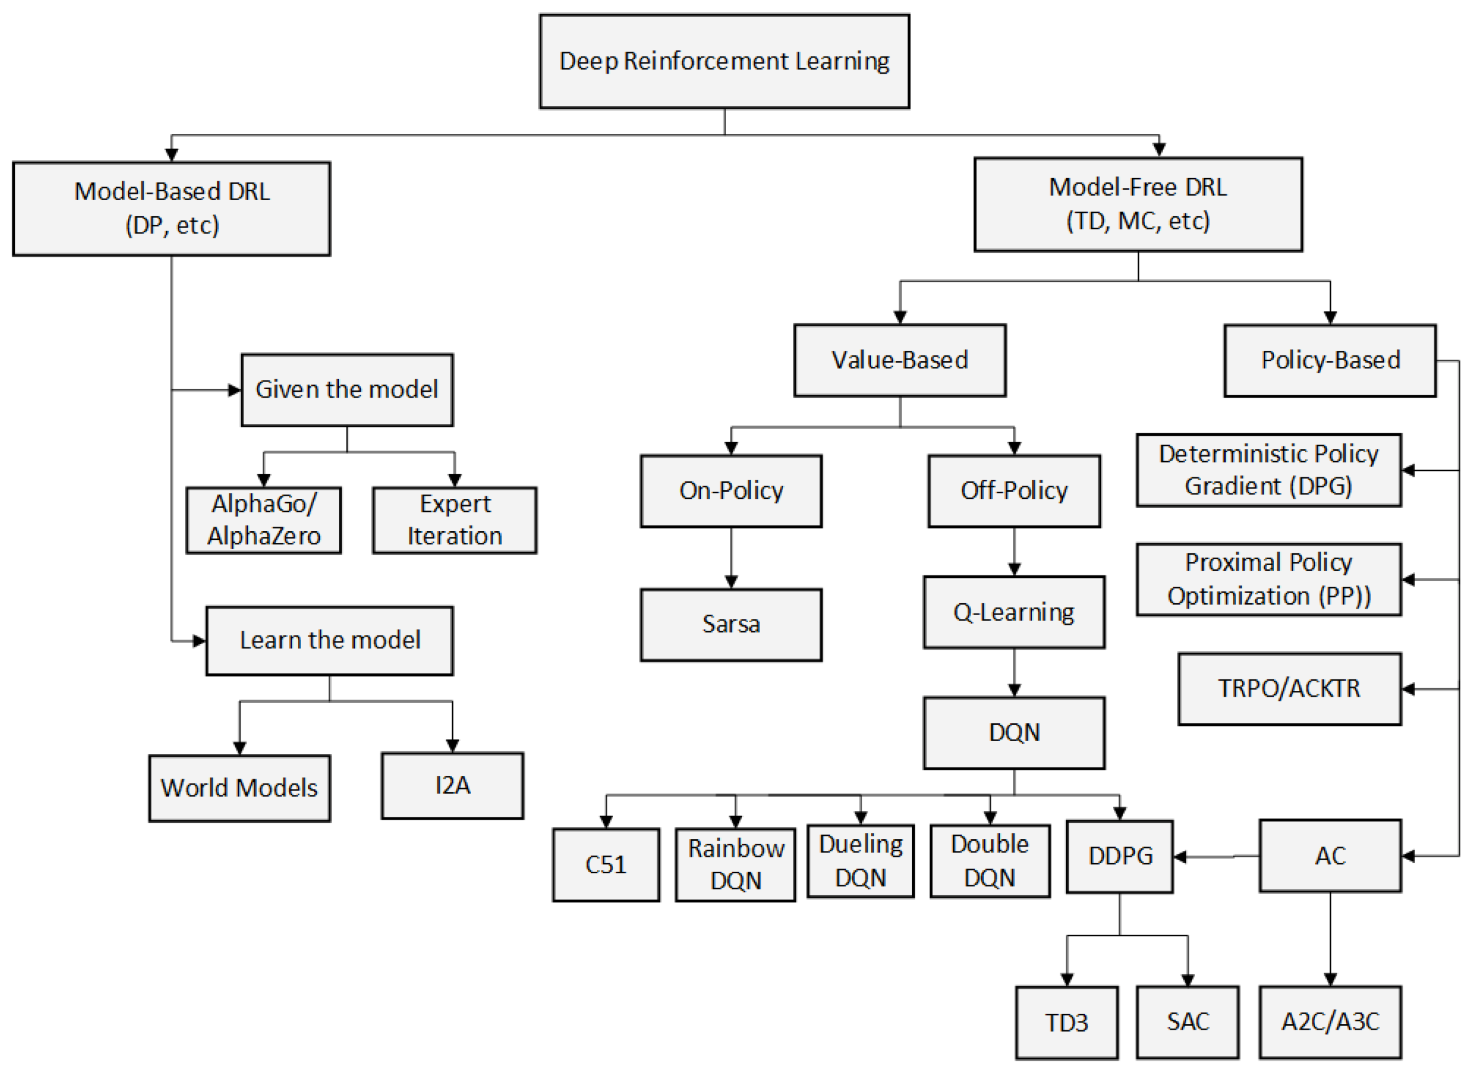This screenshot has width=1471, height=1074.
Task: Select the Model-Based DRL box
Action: point(172,209)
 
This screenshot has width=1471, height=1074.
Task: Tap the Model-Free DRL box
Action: point(1138,204)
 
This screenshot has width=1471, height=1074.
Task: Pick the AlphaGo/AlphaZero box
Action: point(263,520)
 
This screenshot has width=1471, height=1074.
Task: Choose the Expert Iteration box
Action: point(455,520)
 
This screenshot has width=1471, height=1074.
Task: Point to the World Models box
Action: point(239,788)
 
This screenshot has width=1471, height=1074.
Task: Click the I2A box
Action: point(452,785)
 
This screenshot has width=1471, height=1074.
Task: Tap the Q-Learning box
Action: point(1014,612)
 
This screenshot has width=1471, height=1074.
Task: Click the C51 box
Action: point(606,865)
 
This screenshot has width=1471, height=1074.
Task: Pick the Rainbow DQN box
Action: point(735,865)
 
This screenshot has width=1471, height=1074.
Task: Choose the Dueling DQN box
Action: point(861,861)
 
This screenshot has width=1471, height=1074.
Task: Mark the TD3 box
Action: point(1067,1022)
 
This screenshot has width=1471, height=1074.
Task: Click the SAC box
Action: point(1187,1022)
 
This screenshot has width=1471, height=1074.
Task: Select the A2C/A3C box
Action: point(1330,1022)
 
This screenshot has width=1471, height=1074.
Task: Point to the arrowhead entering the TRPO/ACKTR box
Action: point(1408,689)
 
